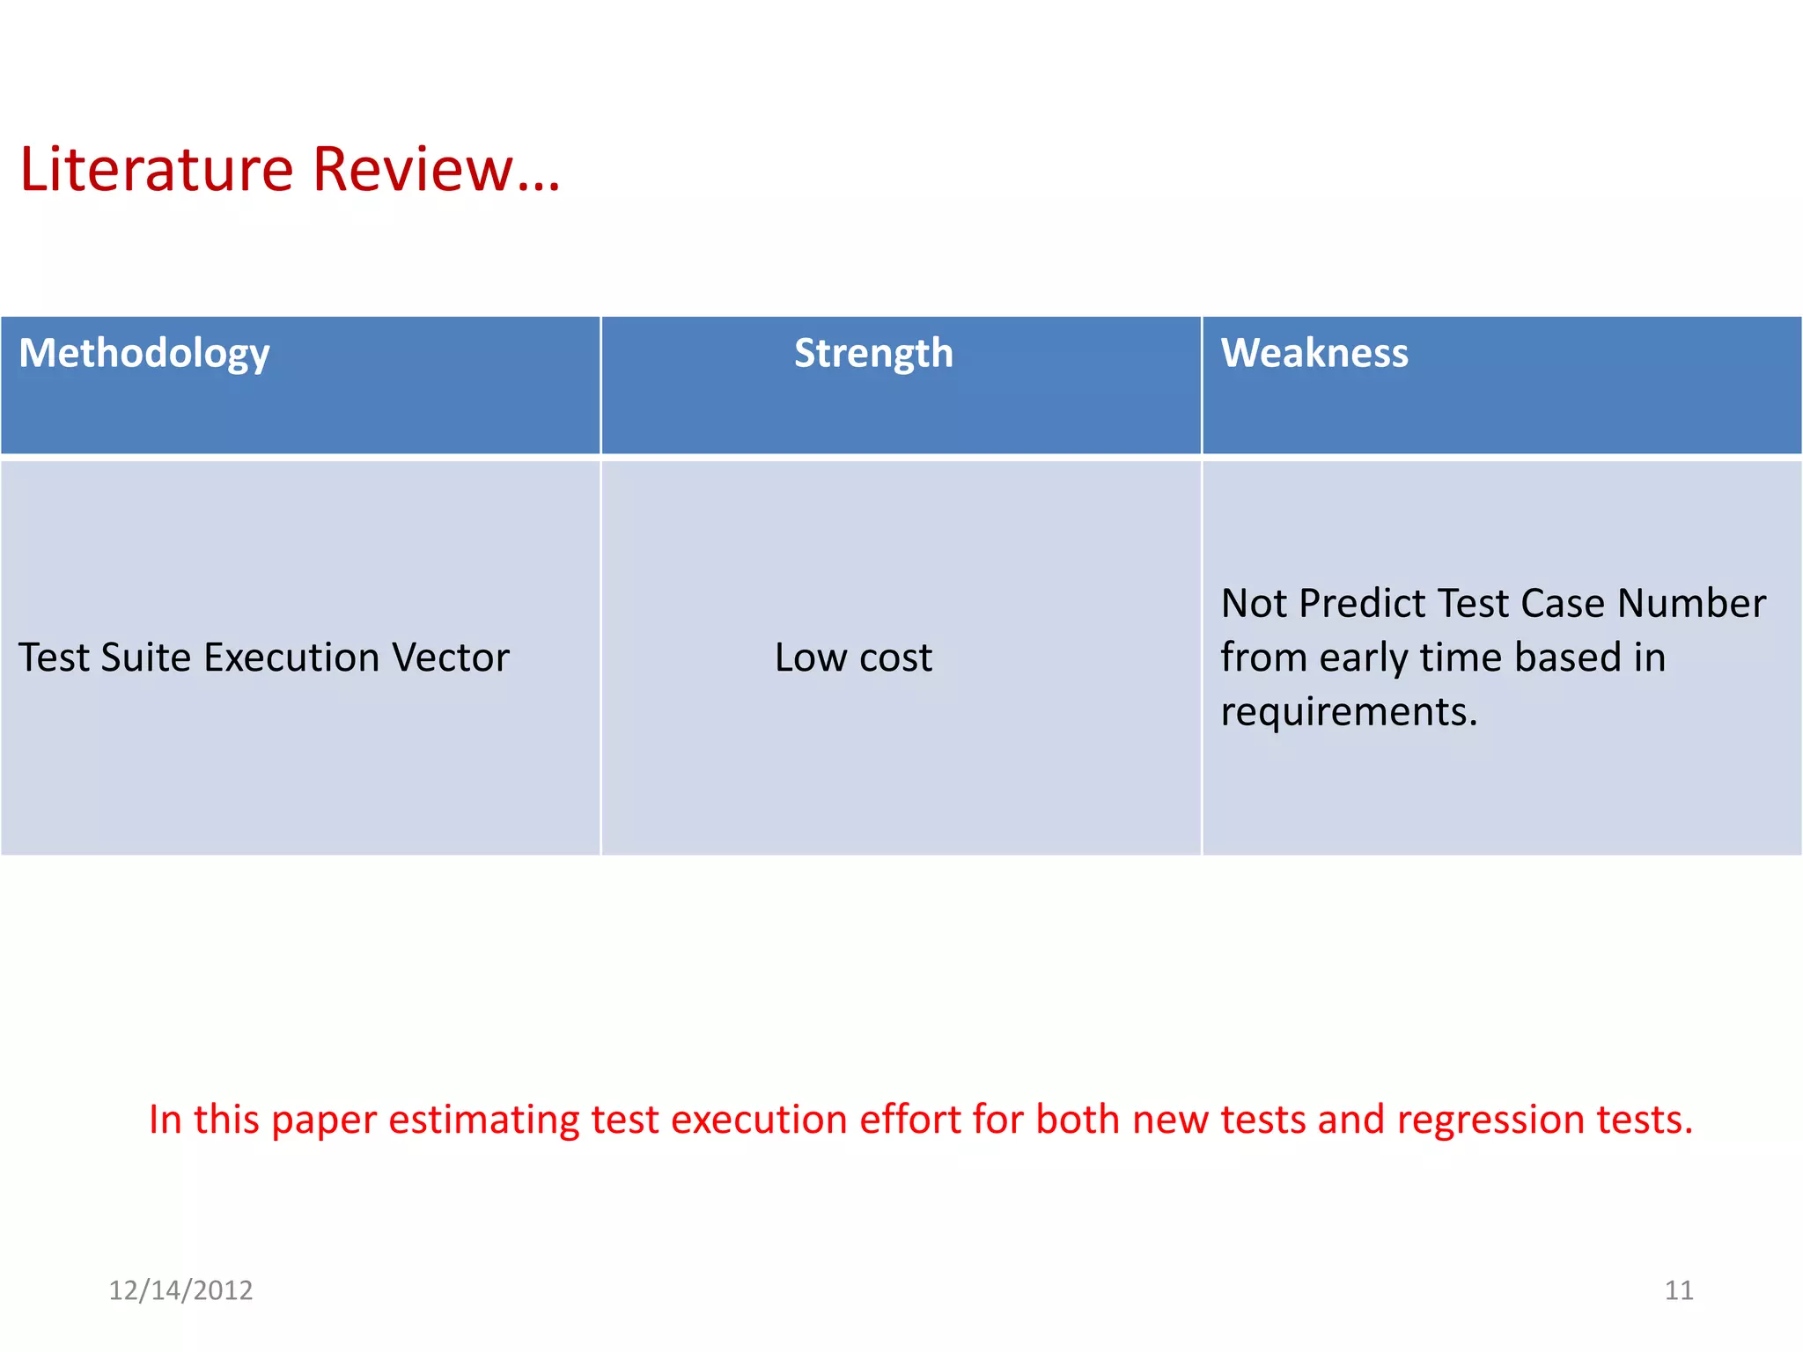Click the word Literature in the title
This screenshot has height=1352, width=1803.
[x=156, y=169]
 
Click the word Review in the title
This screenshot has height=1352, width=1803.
[x=412, y=169]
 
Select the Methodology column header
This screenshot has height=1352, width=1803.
[x=144, y=354]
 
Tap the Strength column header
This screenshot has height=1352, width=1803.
[x=872, y=354]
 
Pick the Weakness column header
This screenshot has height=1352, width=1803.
[x=1314, y=354]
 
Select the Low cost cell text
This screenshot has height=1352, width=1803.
[x=852, y=658]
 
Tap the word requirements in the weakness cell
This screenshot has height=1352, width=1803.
[x=1347, y=711]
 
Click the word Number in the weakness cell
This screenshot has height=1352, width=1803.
[x=1691, y=604]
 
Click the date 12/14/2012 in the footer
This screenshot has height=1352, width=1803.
[x=180, y=1290]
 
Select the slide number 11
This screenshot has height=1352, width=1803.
[x=1678, y=1290]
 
